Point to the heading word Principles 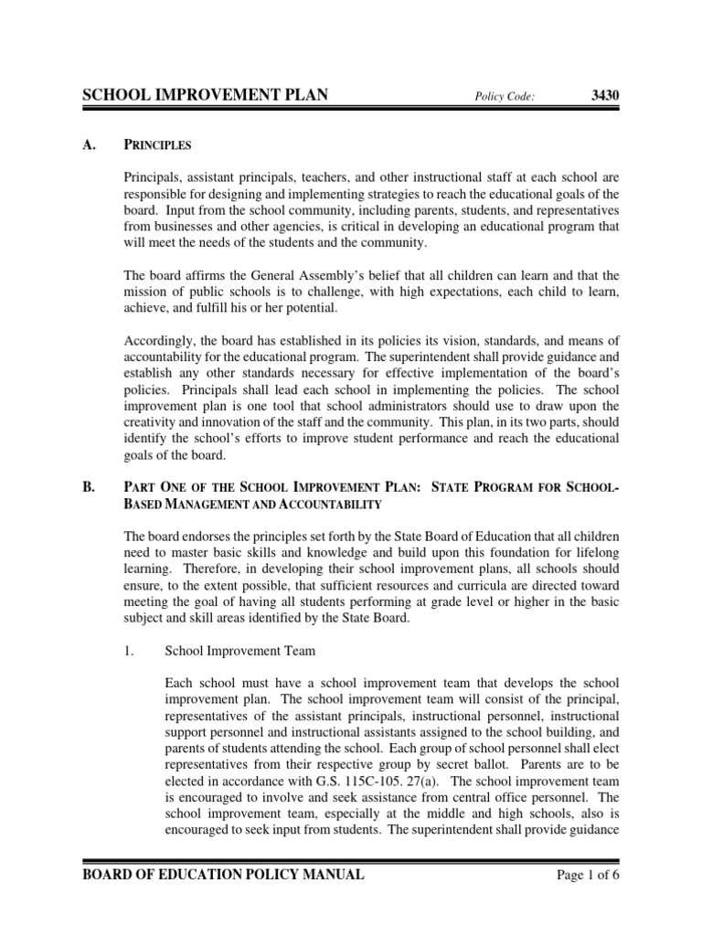pos(156,144)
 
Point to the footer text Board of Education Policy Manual pos(223,875)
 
